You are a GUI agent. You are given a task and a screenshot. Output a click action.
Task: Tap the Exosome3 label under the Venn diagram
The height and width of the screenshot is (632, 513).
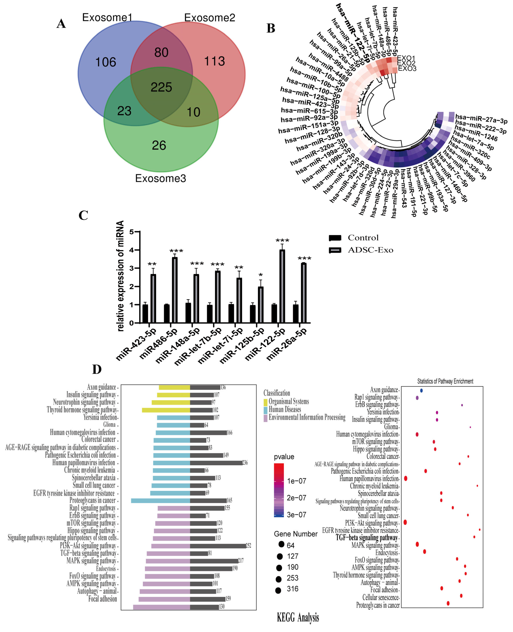click(x=160, y=178)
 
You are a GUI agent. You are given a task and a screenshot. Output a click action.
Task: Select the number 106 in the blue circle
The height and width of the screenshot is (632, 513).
click(x=105, y=62)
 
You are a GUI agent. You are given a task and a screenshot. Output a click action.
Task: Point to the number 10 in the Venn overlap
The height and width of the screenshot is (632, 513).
click(x=194, y=112)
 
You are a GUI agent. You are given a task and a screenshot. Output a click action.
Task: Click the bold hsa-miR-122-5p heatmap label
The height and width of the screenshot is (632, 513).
click(x=353, y=32)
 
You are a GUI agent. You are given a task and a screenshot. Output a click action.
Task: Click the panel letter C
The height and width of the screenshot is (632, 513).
click(x=83, y=215)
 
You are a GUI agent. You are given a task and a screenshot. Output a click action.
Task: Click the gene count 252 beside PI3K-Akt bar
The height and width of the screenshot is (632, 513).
click(x=249, y=545)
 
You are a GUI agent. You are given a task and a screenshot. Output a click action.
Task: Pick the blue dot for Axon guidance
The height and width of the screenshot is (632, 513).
click(x=421, y=390)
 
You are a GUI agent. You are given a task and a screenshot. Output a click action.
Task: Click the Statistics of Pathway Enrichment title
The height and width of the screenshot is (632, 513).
click(x=445, y=381)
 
